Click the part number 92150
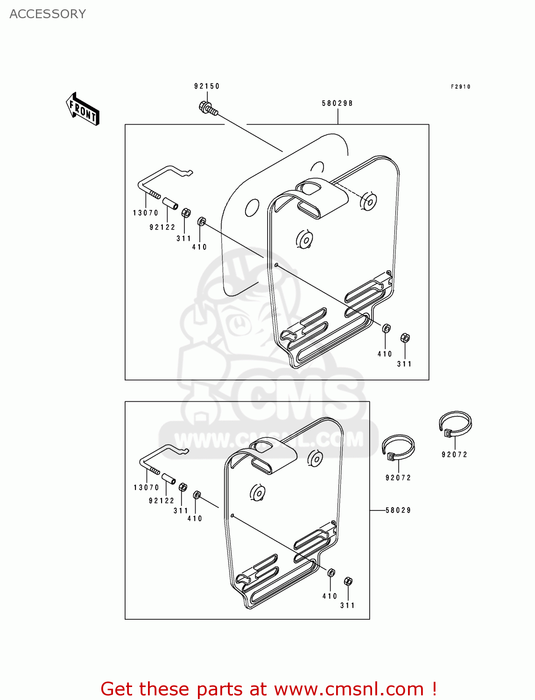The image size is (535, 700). [x=207, y=86]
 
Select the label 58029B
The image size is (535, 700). [x=337, y=104]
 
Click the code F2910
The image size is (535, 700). [x=461, y=87]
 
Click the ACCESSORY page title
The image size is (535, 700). [x=48, y=14]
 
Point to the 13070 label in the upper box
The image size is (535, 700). [x=146, y=213]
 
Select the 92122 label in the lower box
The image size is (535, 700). [x=162, y=501]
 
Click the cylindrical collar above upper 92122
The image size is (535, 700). [x=170, y=204]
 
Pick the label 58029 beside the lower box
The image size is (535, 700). [x=398, y=511]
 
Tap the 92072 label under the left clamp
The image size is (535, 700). [x=398, y=478]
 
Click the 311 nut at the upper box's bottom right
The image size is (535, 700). [x=405, y=338]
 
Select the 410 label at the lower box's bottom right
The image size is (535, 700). [x=330, y=596]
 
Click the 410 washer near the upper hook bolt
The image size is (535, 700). [x=202, y=221]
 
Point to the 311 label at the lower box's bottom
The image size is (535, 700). [x=347, y=606]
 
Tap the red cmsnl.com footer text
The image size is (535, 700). [x=269, y=689]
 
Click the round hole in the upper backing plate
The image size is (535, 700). [x=252, y=208]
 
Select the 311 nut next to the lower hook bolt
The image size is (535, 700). [x=183, y=487]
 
